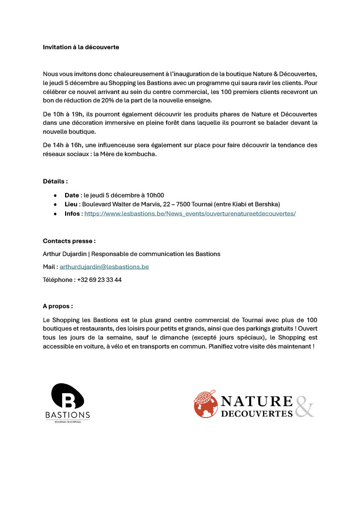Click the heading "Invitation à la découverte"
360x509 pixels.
[x=81, y=47]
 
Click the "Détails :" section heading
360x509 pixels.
[x=55, y=181]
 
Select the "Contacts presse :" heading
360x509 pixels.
[x=69, y=241]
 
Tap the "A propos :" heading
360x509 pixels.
[x=58, y=306]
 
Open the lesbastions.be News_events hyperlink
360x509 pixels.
[x=190, y=213]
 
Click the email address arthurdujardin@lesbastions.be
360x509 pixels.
[x=104, y=267]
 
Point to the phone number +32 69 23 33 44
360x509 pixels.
[x=99, y=280]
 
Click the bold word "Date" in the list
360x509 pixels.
[x=72, y=195]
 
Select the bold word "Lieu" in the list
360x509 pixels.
[x=72, y=204]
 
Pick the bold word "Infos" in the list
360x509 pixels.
[x=73, y=213]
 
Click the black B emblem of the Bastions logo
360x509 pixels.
[x=68, y=396]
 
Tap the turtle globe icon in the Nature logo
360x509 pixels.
[x=205, y=404]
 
